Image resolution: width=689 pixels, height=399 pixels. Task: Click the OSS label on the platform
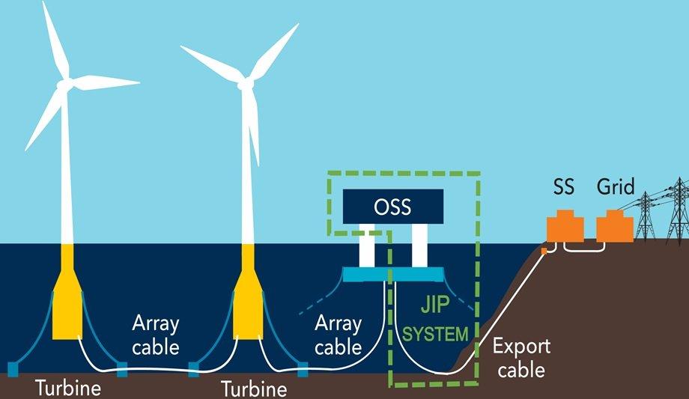pyautogui.click(x=392, y=207)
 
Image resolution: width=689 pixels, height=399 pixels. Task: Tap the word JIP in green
pyautogui.click(x=435, y=305)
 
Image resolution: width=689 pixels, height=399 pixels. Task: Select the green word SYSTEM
pyautogui.click(x=435, y=335)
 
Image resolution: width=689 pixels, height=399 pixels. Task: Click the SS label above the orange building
pyautogui.click(x=564, y=186)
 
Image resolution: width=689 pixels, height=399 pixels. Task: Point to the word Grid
pyautogui.click(x=616, y=186)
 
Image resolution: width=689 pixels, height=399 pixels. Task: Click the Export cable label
pyautogui.click(x=521, y=358)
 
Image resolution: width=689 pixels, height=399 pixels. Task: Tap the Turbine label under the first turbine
pyautogui.click(x=68, y=388)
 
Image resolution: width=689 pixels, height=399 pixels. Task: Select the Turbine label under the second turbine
pyautogui.click(x=254, y=389)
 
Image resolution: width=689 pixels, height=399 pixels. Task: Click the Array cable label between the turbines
pyautogui.click(x=156, y=335)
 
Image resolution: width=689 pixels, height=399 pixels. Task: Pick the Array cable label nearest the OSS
pyautogui.click(x=338, y=335)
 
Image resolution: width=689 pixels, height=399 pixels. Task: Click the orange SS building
pyautogui.click(x=565, y=226)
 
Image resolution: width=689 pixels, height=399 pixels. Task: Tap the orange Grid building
pyautogui.click(x=615, y=226)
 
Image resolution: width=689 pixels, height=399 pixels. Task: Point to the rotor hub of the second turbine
pyautogui.click(x=246, y=83)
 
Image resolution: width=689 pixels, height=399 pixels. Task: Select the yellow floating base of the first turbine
pyautogui.click(x=67, y=291)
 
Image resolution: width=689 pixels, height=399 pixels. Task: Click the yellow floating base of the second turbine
pyautogui.click(x=249, y=291)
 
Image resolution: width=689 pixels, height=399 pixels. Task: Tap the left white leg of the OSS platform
pyautogui.click(x=367, y=246)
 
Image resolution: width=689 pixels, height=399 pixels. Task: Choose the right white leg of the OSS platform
pyautogui.click(x=419, y=246)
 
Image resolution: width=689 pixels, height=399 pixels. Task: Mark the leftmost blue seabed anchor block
pyautogui.click(x=13, y=369)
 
